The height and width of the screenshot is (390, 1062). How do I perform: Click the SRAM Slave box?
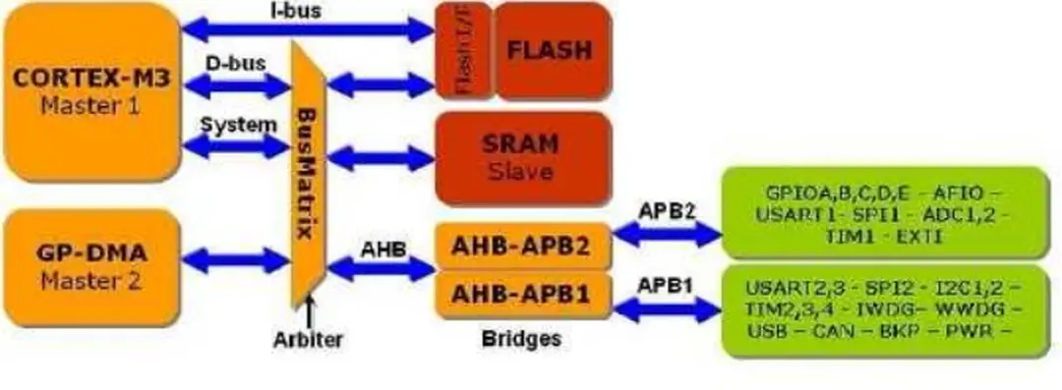coord(521,155)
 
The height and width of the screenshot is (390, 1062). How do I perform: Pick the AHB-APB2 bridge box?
coord(521,246)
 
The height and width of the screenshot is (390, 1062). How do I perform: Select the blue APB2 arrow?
coord(668,233)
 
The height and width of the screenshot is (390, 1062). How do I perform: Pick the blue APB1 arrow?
coord(666,308)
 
